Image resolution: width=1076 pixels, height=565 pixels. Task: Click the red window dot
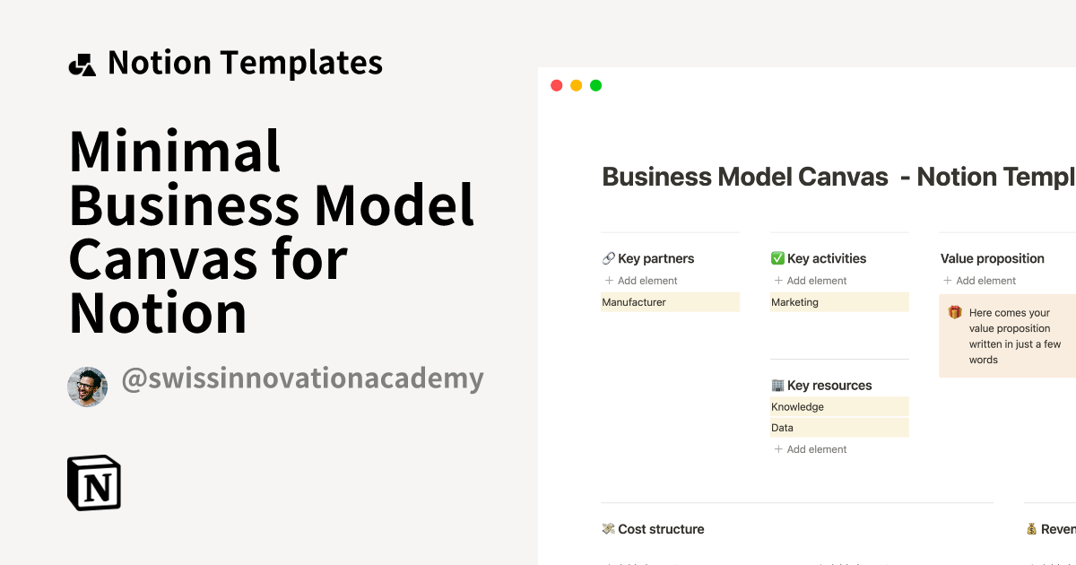pos(556,86)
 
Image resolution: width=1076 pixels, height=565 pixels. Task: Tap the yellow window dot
pos(576,86)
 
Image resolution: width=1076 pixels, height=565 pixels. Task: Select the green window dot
pos(595,86)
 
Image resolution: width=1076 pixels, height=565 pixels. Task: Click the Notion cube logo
pos(94,483)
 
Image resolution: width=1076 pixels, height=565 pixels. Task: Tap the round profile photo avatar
pos(87,387)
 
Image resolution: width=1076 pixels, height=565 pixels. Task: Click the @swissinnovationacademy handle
pos(302,378)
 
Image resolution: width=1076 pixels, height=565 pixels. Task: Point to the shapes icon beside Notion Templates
pos(82,65)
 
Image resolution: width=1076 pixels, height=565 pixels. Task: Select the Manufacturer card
pos(670,302)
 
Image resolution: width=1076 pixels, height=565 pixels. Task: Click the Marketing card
pos(838,302)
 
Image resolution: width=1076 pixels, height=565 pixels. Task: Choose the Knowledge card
pos(838,406)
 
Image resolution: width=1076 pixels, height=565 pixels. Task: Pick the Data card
pos(838,428)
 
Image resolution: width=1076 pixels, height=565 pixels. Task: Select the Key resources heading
pos(829,386)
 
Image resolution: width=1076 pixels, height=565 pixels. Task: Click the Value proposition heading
pos(992,258)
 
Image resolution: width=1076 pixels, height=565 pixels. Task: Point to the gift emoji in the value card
pos(955,313)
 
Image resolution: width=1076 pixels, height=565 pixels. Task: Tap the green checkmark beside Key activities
pos(777,258)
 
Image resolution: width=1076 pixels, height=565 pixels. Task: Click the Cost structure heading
pos(661,529)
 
